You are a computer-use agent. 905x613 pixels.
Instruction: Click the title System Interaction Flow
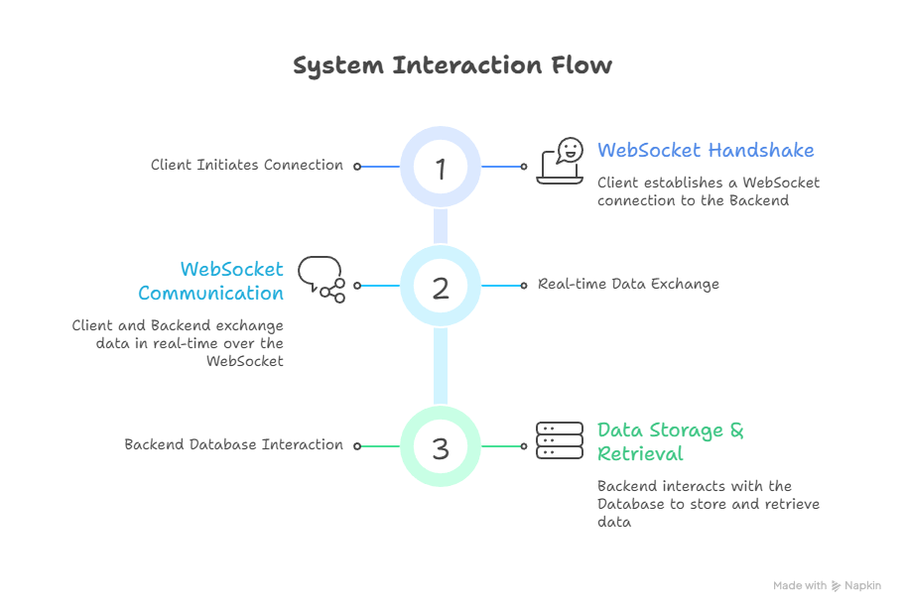pyautogui.click(x=452, y=65)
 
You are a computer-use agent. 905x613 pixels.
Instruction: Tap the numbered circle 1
pyautogui.click(x=441, y=167)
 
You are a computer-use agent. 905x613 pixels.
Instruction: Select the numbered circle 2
pyautogui.click(x=441, y=287)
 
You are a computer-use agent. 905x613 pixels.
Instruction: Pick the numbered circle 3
pyautogui.click(x=441, y=447)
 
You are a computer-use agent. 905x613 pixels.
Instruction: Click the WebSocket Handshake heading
pyautogui.click(x=706, y=151)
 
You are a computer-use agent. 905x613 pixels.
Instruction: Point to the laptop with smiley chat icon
pyautogui.click(x=561, y=161)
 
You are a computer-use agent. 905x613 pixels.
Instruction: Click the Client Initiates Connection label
pyautogui.click(x=247, y=166)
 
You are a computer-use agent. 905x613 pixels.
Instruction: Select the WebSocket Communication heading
pyautogui.click(x=211, y=281)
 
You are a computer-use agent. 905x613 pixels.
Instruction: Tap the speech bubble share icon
pyautogui.click(x=322, y=279)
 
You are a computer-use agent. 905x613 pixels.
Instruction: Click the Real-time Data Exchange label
pyautogui.click(x=628, y=285)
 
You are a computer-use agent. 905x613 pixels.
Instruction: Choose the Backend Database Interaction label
pyautogui.click(x=233, y=445)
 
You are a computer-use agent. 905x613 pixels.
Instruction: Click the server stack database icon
pyautogui.click(x=560, y=440)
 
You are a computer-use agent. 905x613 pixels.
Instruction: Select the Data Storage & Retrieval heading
pyautogui.click(x=671, y=441)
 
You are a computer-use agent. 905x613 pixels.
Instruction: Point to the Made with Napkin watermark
pyautogui.click(x=827, y=586)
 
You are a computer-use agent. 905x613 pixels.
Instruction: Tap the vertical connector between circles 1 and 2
pyautogui.click(x=441, y=226)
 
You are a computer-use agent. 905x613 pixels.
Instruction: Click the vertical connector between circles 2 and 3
pyautogui.click(x=441, y=366)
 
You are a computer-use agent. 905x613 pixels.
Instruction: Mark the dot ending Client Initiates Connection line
pyautogui.click(x=357, y=167)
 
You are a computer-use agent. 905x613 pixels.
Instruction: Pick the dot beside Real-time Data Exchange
pyautogui.click(x=524, y=286)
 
